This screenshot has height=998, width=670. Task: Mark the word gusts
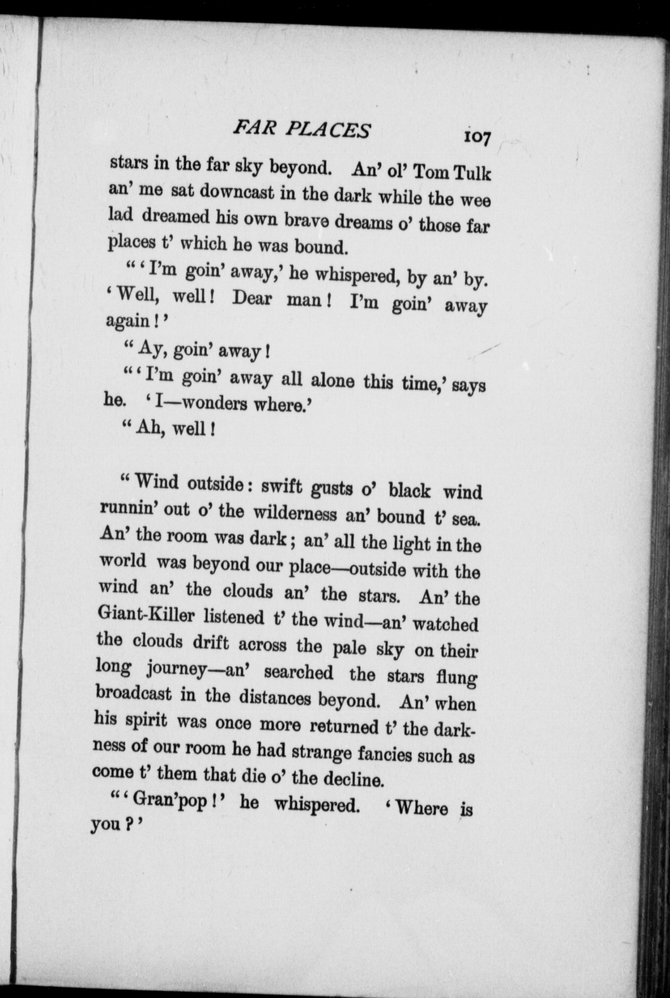(330, 489)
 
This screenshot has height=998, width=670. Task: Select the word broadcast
(133, 695)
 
